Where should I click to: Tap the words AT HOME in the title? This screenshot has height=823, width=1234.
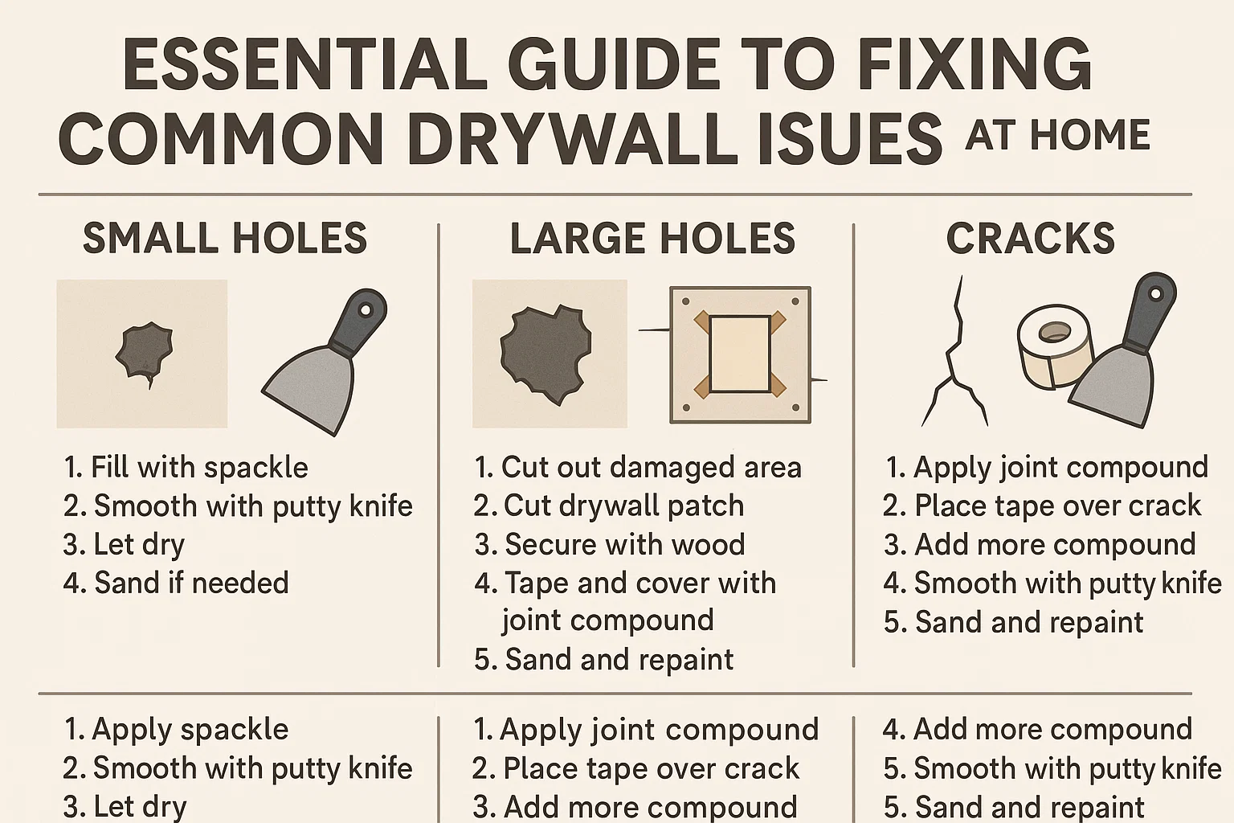[1057, 134]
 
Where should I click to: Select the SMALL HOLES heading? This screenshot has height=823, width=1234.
[225, 239]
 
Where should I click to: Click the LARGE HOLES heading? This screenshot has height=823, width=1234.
[652, 239]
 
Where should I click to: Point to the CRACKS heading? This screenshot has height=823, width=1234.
[1031, 239]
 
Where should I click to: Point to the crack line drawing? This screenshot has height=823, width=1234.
[954, 354]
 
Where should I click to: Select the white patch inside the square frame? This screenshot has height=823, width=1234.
[740, 354]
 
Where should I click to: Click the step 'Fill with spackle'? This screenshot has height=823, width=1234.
[186, 467]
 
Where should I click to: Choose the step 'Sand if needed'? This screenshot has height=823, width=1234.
[177, 583]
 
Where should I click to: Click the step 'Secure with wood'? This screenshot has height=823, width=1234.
[611, 544]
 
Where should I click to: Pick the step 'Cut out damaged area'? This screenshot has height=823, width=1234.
[638, 467]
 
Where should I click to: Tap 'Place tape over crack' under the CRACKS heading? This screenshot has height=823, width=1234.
[1042, 506]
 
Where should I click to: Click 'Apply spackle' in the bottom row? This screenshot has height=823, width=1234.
[177, 729]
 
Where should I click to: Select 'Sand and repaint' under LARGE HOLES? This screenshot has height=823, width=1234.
[604, 660]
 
